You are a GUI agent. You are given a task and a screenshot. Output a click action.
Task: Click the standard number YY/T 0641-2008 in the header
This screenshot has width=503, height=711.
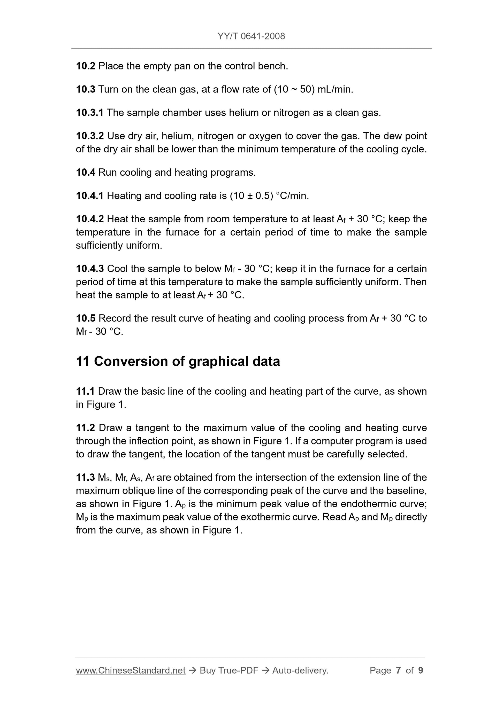tap(251, 36)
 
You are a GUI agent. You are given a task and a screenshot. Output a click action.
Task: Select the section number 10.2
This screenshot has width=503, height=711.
tap(86, 66)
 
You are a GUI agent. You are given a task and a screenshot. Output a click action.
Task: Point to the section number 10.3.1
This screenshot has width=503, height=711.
tap(90, 113)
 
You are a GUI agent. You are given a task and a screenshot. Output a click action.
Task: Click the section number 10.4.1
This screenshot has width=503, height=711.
tap(90, 196)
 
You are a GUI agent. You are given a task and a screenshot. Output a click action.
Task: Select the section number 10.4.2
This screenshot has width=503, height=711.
tap(90, 219)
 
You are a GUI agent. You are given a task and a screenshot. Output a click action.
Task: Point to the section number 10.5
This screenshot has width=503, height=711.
tap(86, 318)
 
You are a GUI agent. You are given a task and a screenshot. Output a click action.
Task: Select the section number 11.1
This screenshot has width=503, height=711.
tap(85, 392)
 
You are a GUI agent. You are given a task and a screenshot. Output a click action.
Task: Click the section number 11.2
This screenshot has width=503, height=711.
tap(86, 428)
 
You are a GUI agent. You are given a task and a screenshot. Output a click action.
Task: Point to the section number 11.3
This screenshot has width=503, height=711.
tap(86, 478)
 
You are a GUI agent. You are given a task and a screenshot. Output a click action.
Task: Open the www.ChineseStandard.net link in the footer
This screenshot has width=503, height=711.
tap(131, 670)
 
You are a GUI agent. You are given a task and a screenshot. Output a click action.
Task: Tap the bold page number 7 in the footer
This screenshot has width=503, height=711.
tap(398, 670)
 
